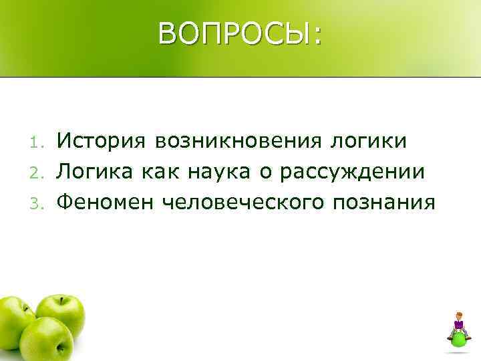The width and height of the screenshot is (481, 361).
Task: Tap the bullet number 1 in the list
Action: point(38,142)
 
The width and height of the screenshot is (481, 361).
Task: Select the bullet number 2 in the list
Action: point(38,172)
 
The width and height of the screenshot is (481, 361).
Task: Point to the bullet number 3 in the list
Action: point(38,201)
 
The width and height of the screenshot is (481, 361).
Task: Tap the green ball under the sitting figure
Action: point(459,339)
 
